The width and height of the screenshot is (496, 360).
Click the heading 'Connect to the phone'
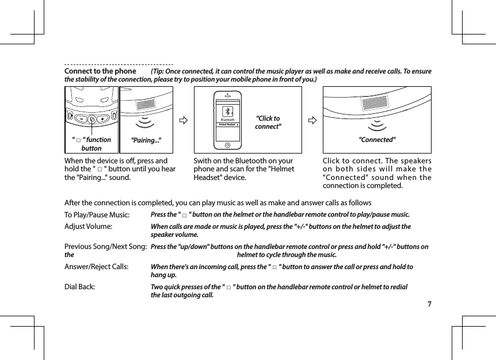pos(100,71)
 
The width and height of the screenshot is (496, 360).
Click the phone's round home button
pos(228,145)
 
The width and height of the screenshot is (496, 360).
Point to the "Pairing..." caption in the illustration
pos(146,140)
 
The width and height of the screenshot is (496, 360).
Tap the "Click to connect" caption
pos(268,122)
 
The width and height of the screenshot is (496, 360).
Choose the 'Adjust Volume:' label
pos(88,227)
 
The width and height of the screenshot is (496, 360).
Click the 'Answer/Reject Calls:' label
pos(96,267)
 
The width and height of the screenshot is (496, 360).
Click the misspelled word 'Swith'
pos(203,161)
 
